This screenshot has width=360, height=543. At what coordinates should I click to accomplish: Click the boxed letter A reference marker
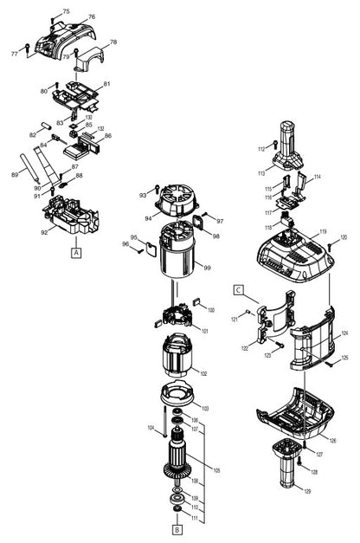point(76,252)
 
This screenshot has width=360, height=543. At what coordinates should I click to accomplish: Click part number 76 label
point(92,17)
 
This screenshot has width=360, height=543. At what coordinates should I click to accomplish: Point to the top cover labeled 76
point(78,35)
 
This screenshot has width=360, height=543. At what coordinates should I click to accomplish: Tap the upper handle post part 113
point(286,147)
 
